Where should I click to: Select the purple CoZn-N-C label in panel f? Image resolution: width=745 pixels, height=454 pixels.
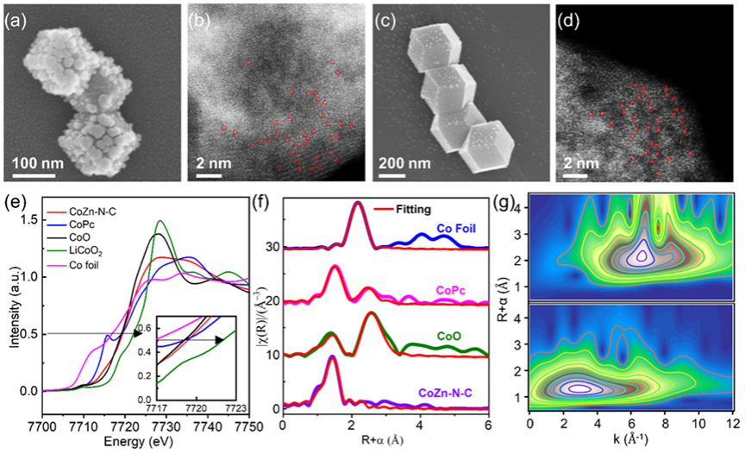click(x=448, y=394)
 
